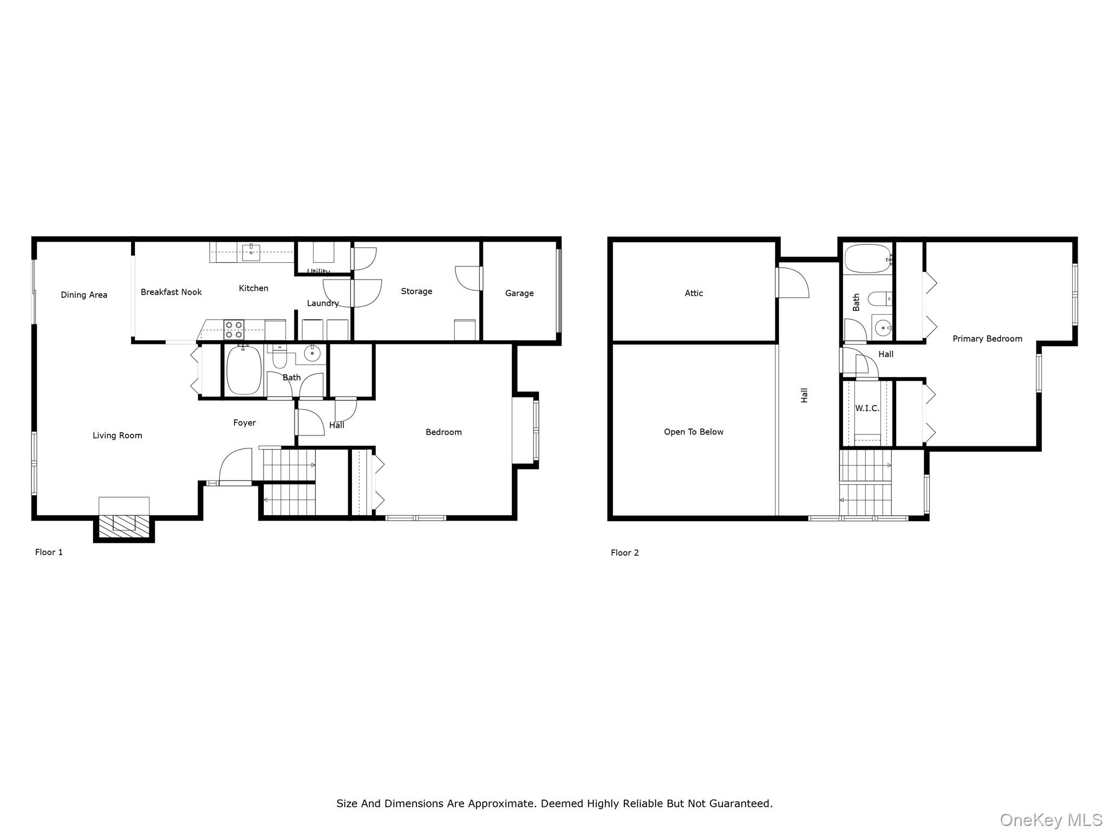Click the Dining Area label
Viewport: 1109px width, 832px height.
tap(84, 295)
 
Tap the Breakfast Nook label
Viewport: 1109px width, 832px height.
tap(171, 292)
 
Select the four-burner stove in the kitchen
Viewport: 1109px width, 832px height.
tap(234, 329)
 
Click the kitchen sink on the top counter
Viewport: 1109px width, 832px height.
tap(251, 252)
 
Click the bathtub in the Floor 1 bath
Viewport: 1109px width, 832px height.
tap(244, 370)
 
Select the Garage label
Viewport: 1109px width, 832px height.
tap(519, 294)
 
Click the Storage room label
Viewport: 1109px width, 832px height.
tap(416, 291)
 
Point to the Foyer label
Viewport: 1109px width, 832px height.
tap(244, 423)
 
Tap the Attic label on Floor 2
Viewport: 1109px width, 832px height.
tap(694, 294)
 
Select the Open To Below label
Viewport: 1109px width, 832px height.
tap(694, 432)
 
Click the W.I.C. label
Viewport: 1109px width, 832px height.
tap(867, 408)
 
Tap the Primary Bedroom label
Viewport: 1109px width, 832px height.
tap(987, 339)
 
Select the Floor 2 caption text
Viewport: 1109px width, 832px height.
tap(625, 553)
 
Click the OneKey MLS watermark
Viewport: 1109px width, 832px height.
tap(1051, 820)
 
